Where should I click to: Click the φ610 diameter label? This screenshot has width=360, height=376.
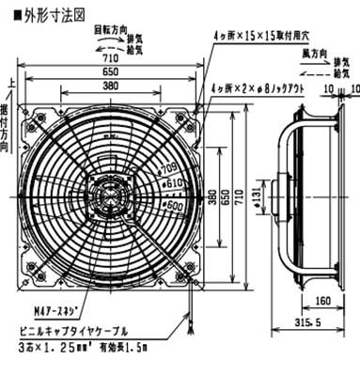click(173, 180)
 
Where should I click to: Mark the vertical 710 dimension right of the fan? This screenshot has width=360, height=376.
click(244, 197)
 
